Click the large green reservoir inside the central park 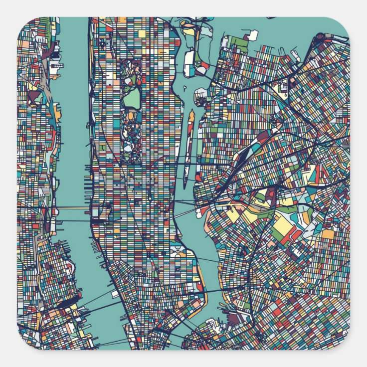click(x=131, y=98)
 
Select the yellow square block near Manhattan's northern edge click(x=142, y=33)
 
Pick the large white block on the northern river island click(x=188, y=62)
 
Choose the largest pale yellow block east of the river click(x=283, y=227)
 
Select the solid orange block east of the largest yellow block click(x=328, y=234)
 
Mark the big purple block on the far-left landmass click(x=34, y=97)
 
